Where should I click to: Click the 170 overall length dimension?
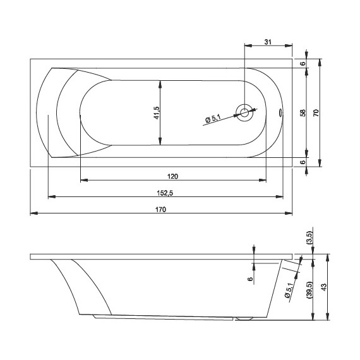(x=160, y=210)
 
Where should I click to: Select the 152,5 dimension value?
(x=165, y=193)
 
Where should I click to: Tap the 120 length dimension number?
(x=172, y=177)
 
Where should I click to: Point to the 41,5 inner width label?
(x=157, y=112)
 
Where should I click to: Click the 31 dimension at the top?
(x=268, y=42)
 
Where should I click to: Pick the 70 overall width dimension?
(x=316, y=112)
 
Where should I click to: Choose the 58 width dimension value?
(x=303, y=112)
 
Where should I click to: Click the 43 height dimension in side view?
(x=323, y=287)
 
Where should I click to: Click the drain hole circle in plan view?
(x=244, y=112)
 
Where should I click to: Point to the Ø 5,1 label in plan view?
(x=213, y=119)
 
